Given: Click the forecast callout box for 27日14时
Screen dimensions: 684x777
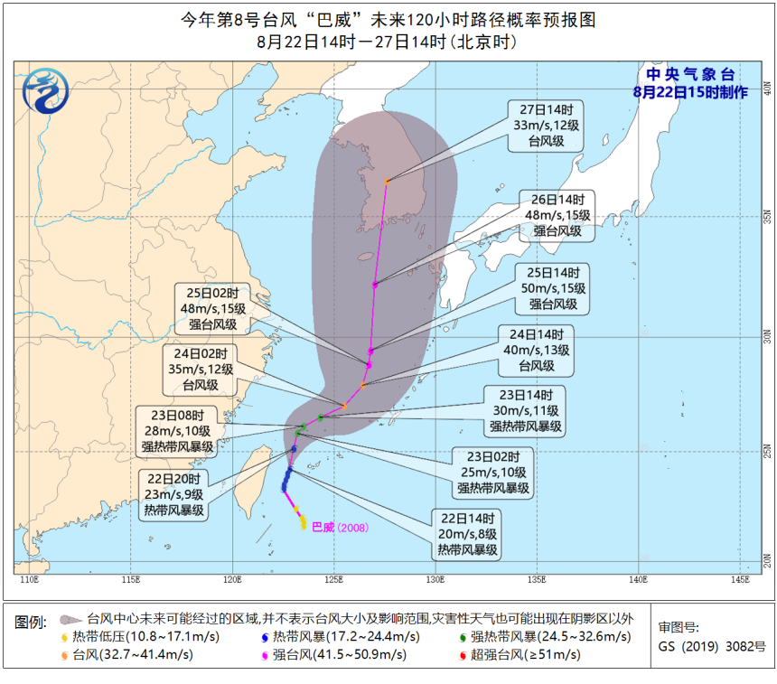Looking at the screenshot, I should [x=546, y=124].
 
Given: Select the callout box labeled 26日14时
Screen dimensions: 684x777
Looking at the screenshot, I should [x=557, y=215].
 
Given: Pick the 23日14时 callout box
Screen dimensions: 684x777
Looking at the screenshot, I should [x=526, y=410].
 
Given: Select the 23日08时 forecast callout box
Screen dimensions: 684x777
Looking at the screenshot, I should [x=175, y=430].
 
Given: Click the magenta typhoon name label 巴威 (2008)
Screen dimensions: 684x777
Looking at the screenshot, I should [x=340, y=527].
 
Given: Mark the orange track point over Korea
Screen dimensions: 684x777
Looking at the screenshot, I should [x=387, y=182].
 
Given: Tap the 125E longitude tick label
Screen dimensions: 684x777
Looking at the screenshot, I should [x=334, y=579].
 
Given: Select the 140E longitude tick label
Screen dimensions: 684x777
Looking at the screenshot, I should [x=639, y=579].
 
